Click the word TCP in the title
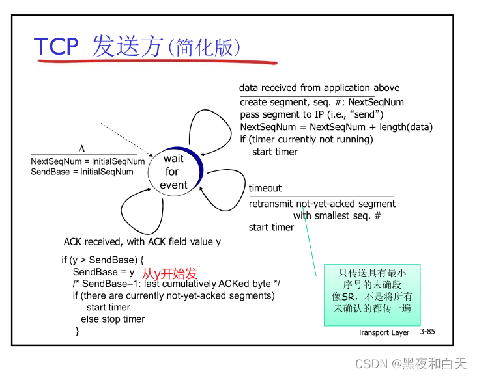pyautogui.click(x=56, y=46)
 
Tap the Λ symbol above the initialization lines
pyautogui.click(x=82, y=149)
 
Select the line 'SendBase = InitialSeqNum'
pyautogui.click(x=82, y=172)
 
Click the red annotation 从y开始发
pyautogui.click(x=169, y=274)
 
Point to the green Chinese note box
pyautogui.click(x=372, y=294)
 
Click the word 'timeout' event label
pyautogui.click(x=265, y=188)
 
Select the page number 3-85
pyautogui.click(x=427, y=332)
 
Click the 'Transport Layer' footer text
pyautogui.click(x=383, y=332)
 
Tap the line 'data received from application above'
pyautogui.click(x=319, y=88)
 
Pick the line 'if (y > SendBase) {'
pyautogui.click(x=102, y=260)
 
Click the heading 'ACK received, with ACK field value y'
pyautogui.click(x=142, y=242)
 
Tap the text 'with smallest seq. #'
pyautogui.click(x=336, y=215)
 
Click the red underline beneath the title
pyautogui.click(x=156, y=63)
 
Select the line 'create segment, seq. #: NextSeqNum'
pyautogui.click(x=322, y=102)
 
